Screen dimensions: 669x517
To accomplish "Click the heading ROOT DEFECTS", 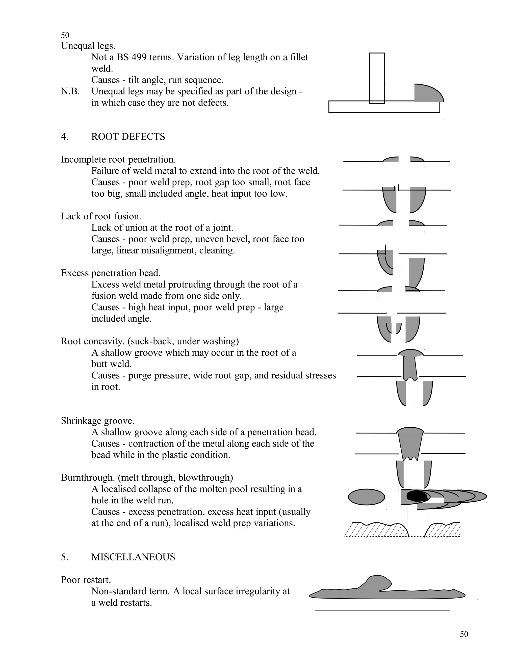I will coord(128,137).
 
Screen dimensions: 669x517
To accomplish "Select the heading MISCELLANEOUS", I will coord(133,557).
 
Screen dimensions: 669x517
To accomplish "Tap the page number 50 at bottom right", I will coord(464,634).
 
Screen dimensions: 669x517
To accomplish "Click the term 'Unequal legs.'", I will coord(88,46).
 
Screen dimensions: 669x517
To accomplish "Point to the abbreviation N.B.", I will coord(70,91).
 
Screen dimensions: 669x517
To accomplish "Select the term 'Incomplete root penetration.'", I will coord(118,160).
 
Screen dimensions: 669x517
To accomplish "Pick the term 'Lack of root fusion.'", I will coord(101,216).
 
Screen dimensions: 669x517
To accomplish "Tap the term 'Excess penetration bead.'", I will coord(111,273).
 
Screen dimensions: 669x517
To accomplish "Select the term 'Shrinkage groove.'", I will coord(98,421).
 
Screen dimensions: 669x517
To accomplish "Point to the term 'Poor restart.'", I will coord(86,580).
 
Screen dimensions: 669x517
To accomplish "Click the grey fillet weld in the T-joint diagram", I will coord(427,94).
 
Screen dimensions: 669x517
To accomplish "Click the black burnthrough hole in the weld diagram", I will coord(417,496).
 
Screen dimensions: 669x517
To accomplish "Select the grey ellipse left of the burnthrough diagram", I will coord(367,497).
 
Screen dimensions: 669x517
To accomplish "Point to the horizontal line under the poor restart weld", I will coord(382,611).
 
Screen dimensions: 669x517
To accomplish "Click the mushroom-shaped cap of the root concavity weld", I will coord(410,353).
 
